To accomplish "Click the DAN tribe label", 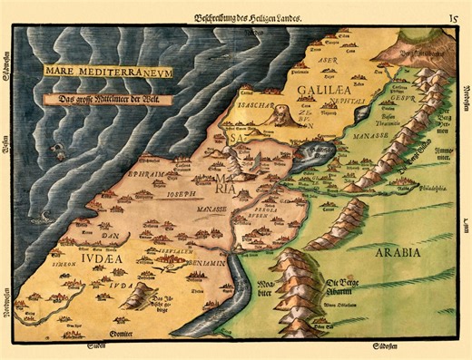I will point(93,235).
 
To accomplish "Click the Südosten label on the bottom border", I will point(379,346).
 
